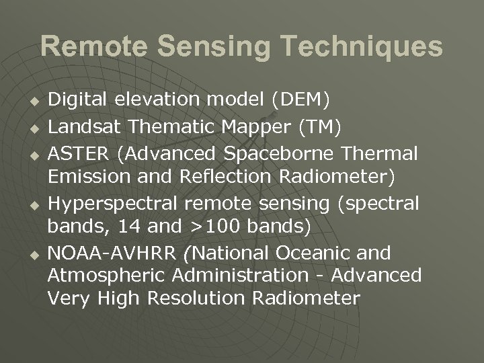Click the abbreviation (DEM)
point(300,101)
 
